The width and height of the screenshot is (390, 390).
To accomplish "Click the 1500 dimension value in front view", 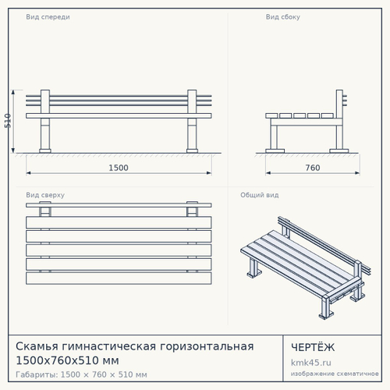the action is tap(119, 168).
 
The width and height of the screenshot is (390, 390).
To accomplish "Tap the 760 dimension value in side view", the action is tap(313, 168).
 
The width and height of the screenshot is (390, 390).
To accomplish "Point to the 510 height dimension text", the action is tap(8, 121).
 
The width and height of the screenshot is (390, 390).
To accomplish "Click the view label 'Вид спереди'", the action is tap(48, 17).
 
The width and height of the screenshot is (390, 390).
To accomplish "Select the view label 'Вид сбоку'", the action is tap(283, 17).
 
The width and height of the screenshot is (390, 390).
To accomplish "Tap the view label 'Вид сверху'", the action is tap(45, 195).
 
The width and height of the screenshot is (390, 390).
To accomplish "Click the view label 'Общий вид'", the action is tap(260, 195).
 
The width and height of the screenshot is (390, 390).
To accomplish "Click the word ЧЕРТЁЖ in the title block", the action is tap(313, 347).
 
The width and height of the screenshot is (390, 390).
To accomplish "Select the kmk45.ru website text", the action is tap(311, 363).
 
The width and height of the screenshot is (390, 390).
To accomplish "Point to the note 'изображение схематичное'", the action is tap(335, 374).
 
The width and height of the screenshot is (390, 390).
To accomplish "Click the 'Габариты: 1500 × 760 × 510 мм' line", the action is tap(81, 374).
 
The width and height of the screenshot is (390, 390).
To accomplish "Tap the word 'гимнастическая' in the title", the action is tap(109, 346).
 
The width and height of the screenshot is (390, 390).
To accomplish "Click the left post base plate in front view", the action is tap(45, 151).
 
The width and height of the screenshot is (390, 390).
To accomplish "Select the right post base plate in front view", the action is tap(192, 151).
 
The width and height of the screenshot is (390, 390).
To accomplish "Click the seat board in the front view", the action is tap(119, 115).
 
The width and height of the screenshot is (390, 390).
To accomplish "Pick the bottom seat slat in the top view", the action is tap(119, 278).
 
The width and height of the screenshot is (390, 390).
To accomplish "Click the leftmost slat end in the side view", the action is tap(271, 115).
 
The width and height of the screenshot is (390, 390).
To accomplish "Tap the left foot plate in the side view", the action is tap(275, 151).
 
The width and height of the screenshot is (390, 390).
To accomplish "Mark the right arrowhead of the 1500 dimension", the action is tap(209, 173).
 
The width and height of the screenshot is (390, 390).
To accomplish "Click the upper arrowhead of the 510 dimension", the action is tap(13, 92).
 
